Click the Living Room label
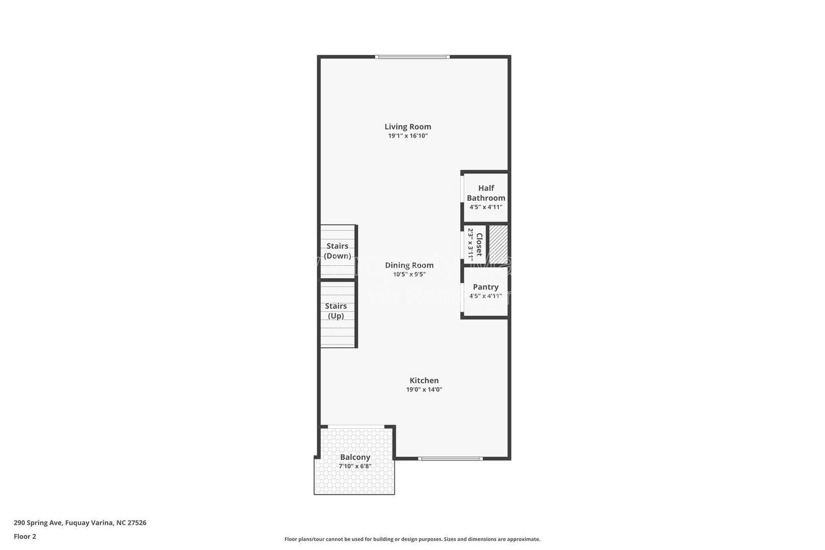[407, 126]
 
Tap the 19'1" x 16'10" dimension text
[408, 136]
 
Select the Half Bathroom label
[486, 193]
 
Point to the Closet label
[479, 245]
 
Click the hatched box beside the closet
[498, 244]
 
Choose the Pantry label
[485, 287]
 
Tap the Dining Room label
[409, 265]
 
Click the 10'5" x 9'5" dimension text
[409, 274]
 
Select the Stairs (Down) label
[337, 251]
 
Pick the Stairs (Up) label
[336, 311]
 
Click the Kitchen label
[424, 380]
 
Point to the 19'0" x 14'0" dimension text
[424, 390]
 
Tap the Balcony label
[355, 457]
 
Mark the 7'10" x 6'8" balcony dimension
[355, 466]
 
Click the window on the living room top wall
[412, 57]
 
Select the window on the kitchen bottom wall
[450, 458]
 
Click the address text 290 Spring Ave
[80, 523]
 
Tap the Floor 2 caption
[25, 537]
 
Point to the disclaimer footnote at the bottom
[412, 539]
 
